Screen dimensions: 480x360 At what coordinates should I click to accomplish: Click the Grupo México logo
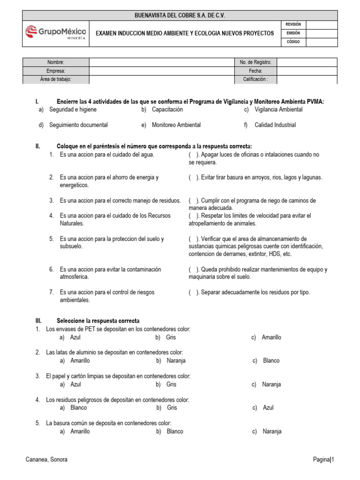click(x=55, y=33)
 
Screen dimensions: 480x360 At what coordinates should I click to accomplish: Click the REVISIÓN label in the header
click(x=293, y=24)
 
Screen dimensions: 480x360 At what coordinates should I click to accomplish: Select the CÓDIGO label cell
click(x=293, y=42)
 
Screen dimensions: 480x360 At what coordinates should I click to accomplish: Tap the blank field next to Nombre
click(x=161, y=62)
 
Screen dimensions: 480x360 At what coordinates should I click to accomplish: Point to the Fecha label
click(x=255, y=71)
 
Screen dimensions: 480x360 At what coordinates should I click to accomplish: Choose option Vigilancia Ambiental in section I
click(x=278, y=110)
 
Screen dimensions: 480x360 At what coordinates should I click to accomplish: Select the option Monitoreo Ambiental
click(x=176, y=125)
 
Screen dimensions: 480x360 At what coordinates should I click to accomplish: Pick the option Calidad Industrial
click(x=275, y=125)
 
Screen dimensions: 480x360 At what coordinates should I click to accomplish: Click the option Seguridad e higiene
click(x=73, y=110)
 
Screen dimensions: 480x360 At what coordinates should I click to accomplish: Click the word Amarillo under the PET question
click(x=271, y=337)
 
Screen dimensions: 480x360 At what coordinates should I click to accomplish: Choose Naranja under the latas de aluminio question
click(x=176, y=361)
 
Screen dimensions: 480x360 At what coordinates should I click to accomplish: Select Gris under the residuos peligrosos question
click(x=172, y=408)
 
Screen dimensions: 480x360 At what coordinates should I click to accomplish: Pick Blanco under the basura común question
click(x=175, y=432)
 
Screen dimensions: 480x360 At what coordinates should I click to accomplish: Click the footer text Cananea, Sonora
click(x=46, y=460)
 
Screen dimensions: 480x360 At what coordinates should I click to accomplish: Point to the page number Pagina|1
click(x=323, y=460)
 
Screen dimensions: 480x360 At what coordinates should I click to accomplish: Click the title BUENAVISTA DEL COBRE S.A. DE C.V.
click(x=180, y=15)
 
